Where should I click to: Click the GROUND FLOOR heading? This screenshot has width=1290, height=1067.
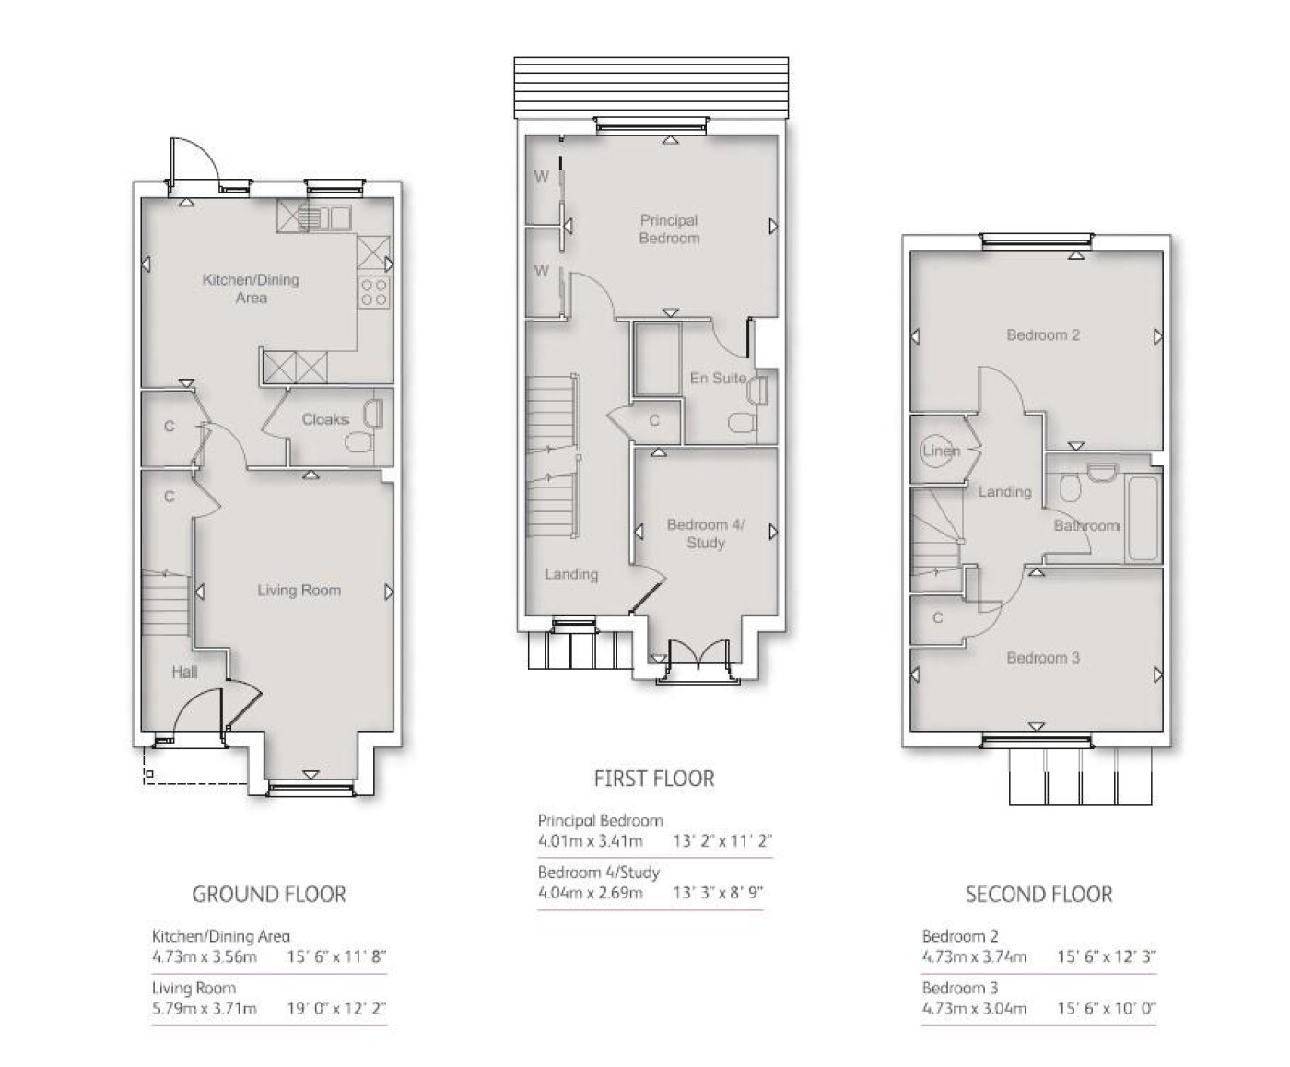point(269,894)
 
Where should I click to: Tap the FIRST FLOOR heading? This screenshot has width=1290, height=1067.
point(654,779)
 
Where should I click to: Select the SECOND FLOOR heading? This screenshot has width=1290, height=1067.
point(1039,894)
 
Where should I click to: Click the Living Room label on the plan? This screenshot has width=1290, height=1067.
point(299,590)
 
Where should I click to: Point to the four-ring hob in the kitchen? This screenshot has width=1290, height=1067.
point(374,292)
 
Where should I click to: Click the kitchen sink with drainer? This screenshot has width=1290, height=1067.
point(323,217)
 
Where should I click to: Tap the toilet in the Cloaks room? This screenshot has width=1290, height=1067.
point(358,442)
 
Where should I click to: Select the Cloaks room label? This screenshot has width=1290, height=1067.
point(325,419)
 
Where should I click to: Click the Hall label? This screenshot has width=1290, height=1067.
point(184,673)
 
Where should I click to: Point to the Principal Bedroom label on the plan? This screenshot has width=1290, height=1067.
point(669,229)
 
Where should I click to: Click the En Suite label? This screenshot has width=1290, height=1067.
point(718,378)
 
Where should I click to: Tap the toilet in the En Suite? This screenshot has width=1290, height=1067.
point(742,423)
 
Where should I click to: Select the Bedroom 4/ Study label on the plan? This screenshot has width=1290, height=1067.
point(706,533)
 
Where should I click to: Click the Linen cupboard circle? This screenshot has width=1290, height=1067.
point(936,451)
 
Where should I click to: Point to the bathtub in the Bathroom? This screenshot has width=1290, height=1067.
point(1143,518)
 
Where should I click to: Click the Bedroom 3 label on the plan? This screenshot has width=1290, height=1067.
point(1043,658)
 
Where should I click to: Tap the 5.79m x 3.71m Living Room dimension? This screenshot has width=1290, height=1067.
point(205,1008)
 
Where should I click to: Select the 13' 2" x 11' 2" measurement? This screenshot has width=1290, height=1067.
point(722,841)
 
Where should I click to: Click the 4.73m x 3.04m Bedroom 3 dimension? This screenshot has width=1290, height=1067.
point(974,1008)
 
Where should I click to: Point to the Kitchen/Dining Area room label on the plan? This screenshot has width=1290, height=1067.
point(251,288)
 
